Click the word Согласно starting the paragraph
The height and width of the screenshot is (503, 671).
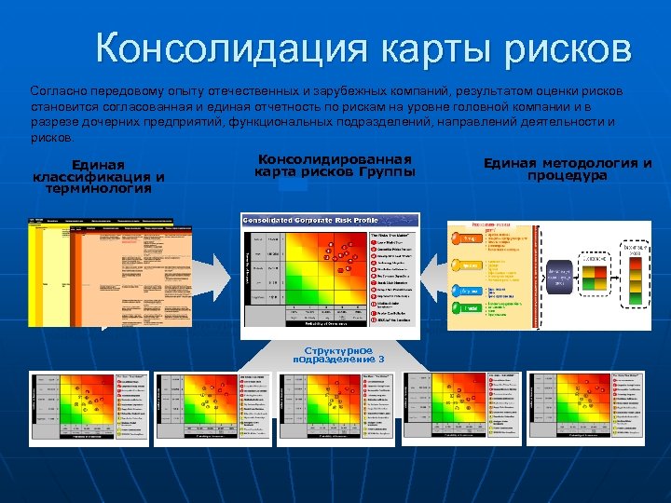pyautogui.click(x=58, y=92)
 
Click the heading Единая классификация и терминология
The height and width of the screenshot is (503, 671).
pyautogui.click(x=99, y=176)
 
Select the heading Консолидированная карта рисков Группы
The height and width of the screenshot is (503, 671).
pyautogui.click(x=335, y=166)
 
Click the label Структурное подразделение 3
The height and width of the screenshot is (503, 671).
pyautogui.click(x=336, y=354)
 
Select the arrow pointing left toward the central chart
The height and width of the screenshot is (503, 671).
pyautogui.click(x=435, y=275)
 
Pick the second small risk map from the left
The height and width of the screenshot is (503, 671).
pyautogui.click(x=212, y=407)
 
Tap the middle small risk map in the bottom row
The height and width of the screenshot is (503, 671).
pyautogui.click(x=335, y=407)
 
